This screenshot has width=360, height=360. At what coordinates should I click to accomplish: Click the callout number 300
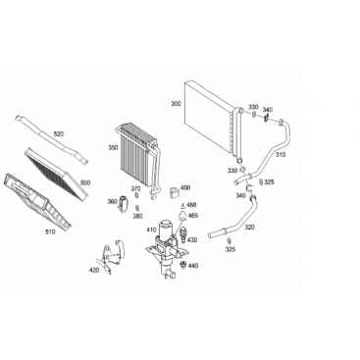pyautogui.click(x=176, y=104)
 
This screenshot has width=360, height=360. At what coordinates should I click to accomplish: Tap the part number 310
pyautogui.click(x=281, y=154)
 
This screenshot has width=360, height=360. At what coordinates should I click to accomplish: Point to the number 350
pyautogui.click(x=113, y=148)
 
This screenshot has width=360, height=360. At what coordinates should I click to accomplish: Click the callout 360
pyautogui.click(x=112, y=202)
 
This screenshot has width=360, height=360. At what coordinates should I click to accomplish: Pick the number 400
pyautogui.click(x=185, y=188)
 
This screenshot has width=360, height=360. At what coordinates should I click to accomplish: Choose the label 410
pyautogui.click(x=151, y=230)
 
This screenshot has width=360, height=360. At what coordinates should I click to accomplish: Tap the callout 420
pyautogui.click(x=94, y=270)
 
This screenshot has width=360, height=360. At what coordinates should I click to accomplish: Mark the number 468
pyautogui.click(x=192, y=205)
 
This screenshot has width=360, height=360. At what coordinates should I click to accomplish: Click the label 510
pyautogui.click(x=50, y=232)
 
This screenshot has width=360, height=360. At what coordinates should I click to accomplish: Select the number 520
pyautogui.click(x=59, y=133)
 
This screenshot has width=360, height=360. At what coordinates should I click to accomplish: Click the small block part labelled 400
pyautogui.click(x=174, y=191)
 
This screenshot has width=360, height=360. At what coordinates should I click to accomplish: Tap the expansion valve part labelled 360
pyautogui.click(x=124, y=204)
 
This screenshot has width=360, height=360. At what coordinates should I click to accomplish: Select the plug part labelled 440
pyautogui.click(x=183, y=265)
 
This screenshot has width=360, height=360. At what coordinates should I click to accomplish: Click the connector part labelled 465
pyautogui.click(x=182, y=217)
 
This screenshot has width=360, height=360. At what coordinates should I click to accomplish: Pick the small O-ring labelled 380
pyautogui.click(x=137, y=207)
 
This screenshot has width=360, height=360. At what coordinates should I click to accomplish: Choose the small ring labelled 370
pyautogui.click(x=136, y=195)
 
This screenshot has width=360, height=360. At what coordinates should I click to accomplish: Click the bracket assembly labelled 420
pyautogui.click(x=112, y=257)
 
